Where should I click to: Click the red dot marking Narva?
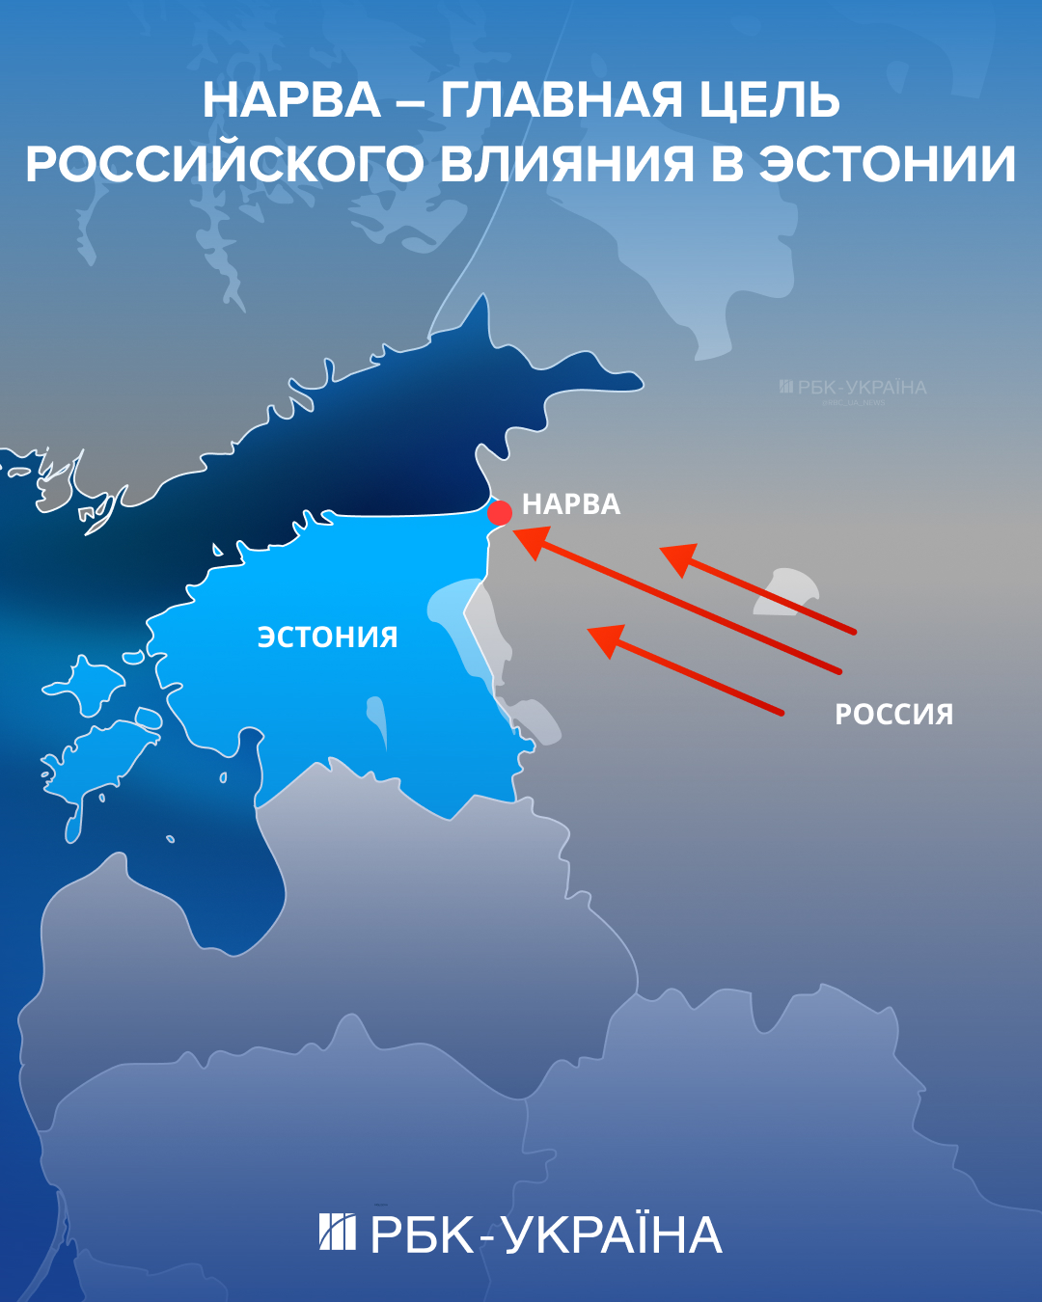pos(500,512)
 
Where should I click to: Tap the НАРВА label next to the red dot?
pos(571,504)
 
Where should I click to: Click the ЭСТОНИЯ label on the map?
pos(327,637)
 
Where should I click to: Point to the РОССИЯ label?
pos(893,715)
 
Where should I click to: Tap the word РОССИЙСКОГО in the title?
pos(224,164)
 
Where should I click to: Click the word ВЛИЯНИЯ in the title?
pos(566,164)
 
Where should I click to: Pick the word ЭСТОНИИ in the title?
pos(887,164)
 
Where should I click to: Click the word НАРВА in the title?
pos(291,101)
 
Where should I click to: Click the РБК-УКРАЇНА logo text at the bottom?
pos(546,1235)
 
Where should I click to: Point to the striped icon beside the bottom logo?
pos(337,1232)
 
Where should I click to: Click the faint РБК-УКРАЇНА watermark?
pos(853,388)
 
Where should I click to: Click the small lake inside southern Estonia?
pos(377,719)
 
